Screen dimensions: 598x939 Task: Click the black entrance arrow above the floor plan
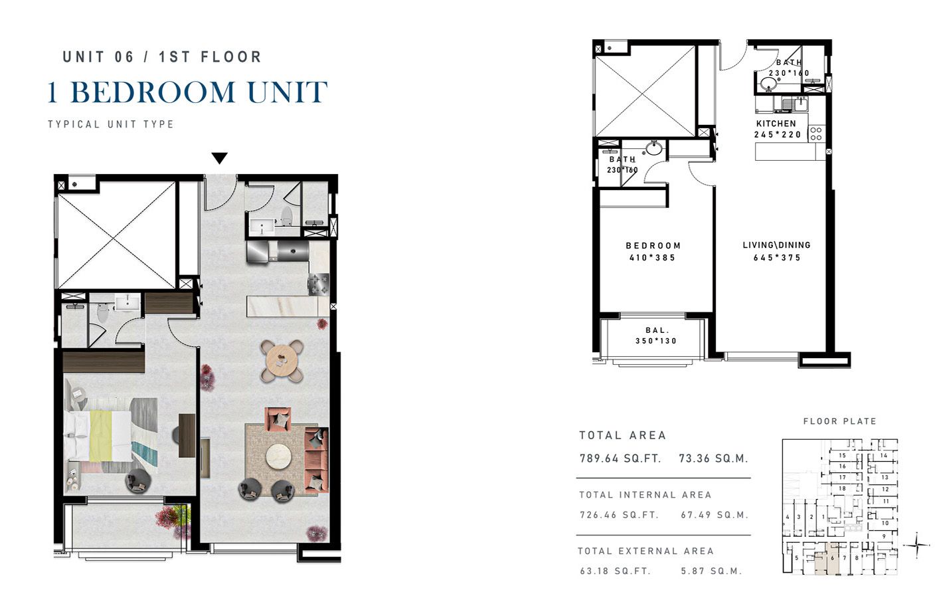[220, 158]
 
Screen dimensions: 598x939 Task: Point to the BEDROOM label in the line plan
[653, 245]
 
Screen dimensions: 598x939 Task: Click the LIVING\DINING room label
[776, 245]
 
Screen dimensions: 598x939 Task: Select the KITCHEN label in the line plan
[776, 124]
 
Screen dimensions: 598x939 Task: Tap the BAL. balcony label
[656, 330]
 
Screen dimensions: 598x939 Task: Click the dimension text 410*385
[652, 258]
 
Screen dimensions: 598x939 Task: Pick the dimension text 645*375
[777, 258]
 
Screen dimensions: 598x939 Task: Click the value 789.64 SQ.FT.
[620, 458]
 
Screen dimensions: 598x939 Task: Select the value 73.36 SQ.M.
[713, 458]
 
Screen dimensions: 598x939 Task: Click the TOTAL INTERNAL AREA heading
[645, 495]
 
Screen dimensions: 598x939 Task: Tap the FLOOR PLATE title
[839, 421]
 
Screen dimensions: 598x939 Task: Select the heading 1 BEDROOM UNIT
[187, 92]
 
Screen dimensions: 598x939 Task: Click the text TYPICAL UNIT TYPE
[111, 124]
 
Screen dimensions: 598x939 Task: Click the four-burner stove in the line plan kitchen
[815, 133]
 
